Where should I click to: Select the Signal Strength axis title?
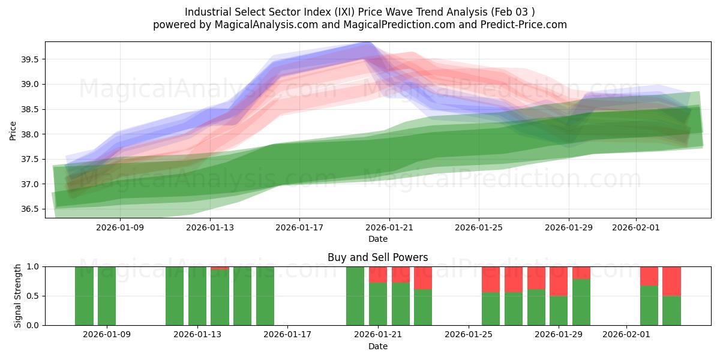(x=18, y=296)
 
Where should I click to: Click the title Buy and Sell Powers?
(x=377, y=257)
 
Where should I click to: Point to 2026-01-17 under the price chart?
(x=299, y=227)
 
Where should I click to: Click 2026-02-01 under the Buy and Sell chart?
(x=626, y=334)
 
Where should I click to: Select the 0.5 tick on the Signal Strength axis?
(x=34, y=296)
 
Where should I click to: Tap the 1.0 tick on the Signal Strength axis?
(x=34, y=266)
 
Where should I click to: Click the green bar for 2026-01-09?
(x=107, y=296)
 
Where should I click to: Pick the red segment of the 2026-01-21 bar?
(x=378, y=274)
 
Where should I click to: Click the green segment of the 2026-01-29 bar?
(x=559, y=310)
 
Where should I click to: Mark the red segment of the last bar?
(x=671, y=281)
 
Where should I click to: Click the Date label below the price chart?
(x=377, y=239)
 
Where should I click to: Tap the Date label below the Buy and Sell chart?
(x=377, y=346)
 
